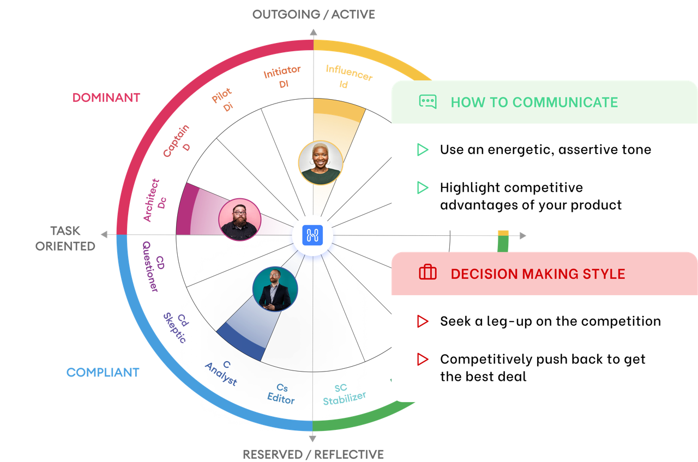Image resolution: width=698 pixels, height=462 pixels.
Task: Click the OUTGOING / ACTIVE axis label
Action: click(x=314, y=14)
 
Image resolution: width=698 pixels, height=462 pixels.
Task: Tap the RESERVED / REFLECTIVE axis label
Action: click(x=313, y=454)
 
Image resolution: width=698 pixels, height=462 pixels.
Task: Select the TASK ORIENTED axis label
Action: click(x=65, y=239)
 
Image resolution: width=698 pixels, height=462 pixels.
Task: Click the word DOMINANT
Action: click(x=106, y=98)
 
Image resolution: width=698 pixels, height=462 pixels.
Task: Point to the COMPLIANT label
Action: click(x=103, y=373)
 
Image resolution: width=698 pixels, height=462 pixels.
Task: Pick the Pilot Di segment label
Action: click(x=224, y=100)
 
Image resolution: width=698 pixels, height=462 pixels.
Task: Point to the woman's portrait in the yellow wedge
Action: click(x=321, y=163)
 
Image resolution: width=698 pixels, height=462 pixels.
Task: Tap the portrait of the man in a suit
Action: click(x=275, y=289)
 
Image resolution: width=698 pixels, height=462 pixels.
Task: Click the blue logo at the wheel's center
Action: click(x=314, y=236)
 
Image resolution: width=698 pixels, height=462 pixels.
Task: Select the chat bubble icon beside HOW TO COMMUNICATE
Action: click(x=428, y=102)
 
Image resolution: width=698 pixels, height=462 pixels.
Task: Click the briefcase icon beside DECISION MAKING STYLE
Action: click(x=428, y=273)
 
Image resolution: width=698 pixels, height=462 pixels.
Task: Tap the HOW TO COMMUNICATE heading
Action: click(x=534, y=102)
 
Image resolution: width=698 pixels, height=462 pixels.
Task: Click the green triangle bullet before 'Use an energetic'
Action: click(x=423, y=150)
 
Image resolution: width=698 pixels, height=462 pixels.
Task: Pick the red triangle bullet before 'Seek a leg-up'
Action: click(x=423, y=321)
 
